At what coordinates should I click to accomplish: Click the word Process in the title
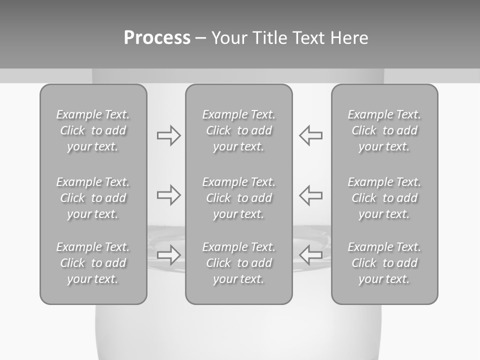click(x=157, y=38)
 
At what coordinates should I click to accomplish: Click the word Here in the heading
click(x=350, y=38)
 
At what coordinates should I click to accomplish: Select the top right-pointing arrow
click(x=168, y=135)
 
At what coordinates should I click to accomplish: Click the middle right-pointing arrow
click(x=168, y=195)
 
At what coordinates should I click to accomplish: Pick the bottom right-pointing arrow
click(x=168, y=254)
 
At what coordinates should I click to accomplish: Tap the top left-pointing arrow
click(x=310, y=135)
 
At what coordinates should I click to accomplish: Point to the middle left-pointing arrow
click(x=310, y=195)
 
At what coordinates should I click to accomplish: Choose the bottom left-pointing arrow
click(x=310, y=254)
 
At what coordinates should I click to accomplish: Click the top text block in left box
click(x=93, y=130)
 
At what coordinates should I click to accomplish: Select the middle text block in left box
click(x=93, y=198)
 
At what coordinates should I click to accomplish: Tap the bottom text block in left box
click(x=93, y=263)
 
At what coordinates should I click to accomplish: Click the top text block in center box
click(x=238, y=130)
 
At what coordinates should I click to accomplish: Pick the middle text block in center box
click(x=238, y=198)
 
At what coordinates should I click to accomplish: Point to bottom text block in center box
click(x=238, y=263)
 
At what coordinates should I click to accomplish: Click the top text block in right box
click(x=384, y=130)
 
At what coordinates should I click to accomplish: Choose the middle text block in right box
click(x=384, y=198)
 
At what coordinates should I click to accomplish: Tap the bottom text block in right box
click(x=384, y=263)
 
